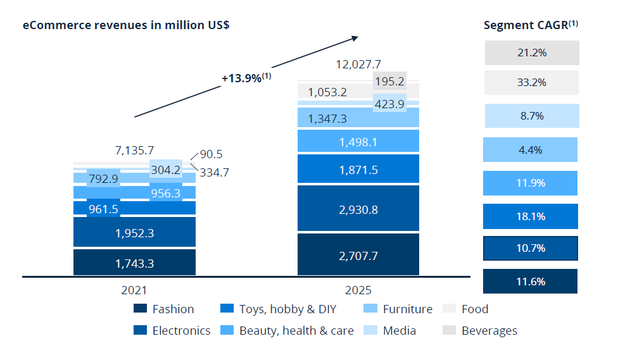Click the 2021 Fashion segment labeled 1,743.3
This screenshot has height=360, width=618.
pos(134,263)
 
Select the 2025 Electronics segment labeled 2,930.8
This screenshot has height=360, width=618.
pos(358,209)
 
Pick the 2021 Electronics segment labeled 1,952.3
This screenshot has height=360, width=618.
pos(134,233)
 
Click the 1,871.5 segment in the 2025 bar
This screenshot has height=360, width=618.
pos(358,170)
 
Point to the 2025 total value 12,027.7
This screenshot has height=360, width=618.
pos(358,64)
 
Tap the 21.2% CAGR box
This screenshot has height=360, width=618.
pos(531,53)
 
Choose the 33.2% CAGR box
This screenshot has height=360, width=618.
pos(531,82)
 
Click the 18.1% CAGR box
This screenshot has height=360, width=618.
pos(531,216)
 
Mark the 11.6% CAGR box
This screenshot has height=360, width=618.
pos(530,282)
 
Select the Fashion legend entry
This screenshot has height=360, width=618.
pos(164,309)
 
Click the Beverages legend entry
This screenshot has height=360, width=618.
pos(481,330)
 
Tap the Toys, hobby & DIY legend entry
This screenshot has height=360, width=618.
pos(278,309)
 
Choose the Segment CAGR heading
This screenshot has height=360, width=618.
pos(531,25)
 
